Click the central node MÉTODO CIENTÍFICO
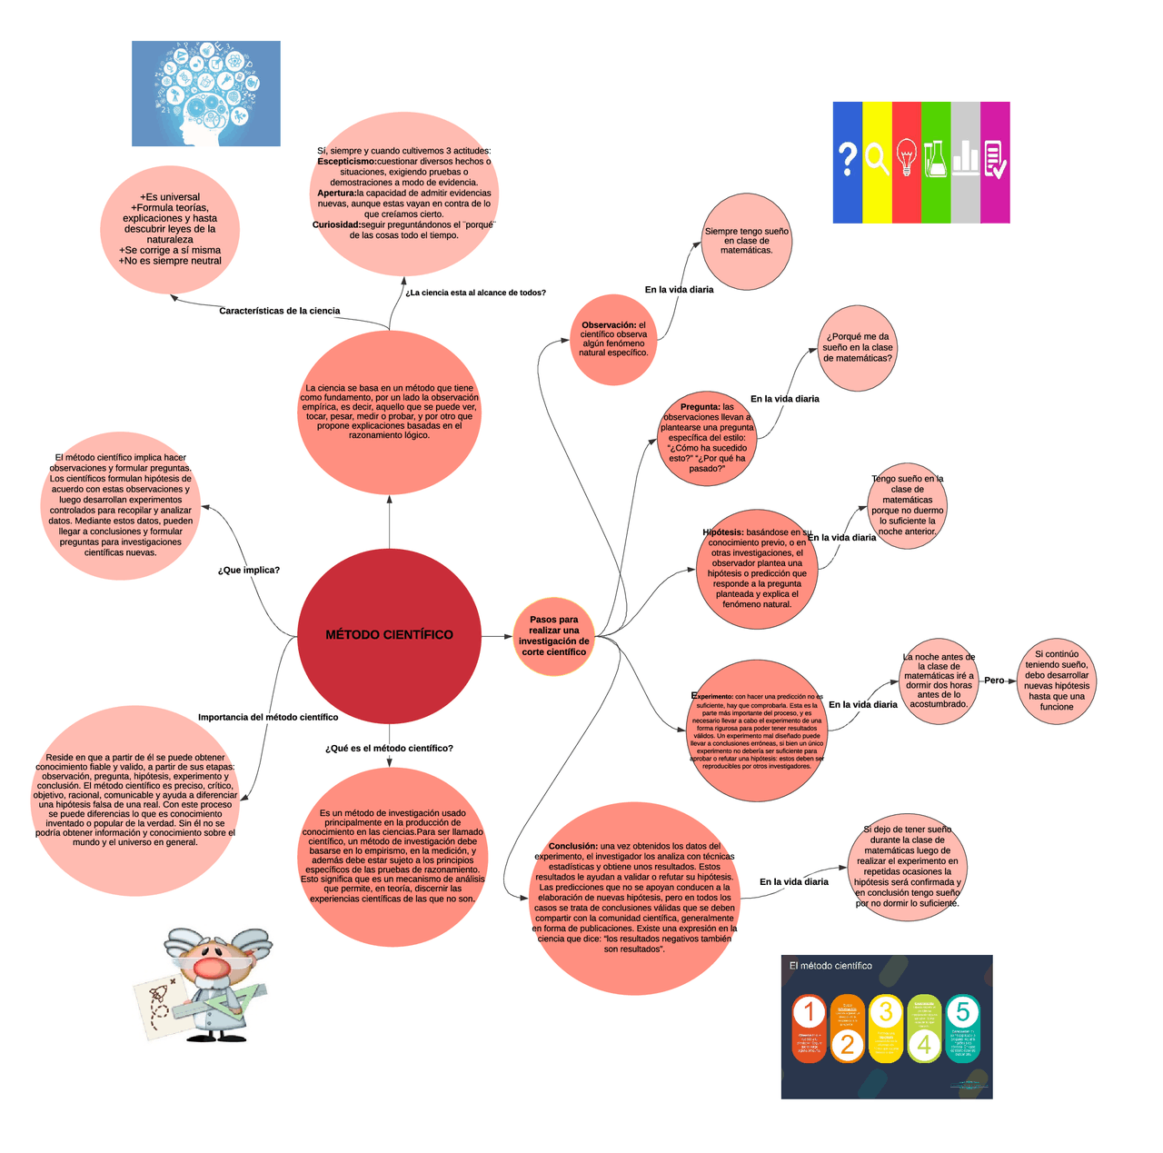389,635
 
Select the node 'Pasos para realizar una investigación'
553,636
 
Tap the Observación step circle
614,339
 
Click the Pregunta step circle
707,438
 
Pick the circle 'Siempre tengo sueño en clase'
746,241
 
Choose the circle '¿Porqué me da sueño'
858,348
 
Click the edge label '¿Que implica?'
249,571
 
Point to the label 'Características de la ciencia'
280,311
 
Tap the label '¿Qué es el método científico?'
389,749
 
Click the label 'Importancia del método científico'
268,718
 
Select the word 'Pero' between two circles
994,681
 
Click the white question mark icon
847,159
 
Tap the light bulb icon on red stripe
906,158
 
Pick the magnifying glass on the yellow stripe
877,159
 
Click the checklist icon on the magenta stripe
995,159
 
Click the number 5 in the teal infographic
963,1011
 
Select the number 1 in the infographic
809,1012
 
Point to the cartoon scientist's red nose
210,967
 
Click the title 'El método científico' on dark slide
830,966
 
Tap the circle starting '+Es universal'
170,229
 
